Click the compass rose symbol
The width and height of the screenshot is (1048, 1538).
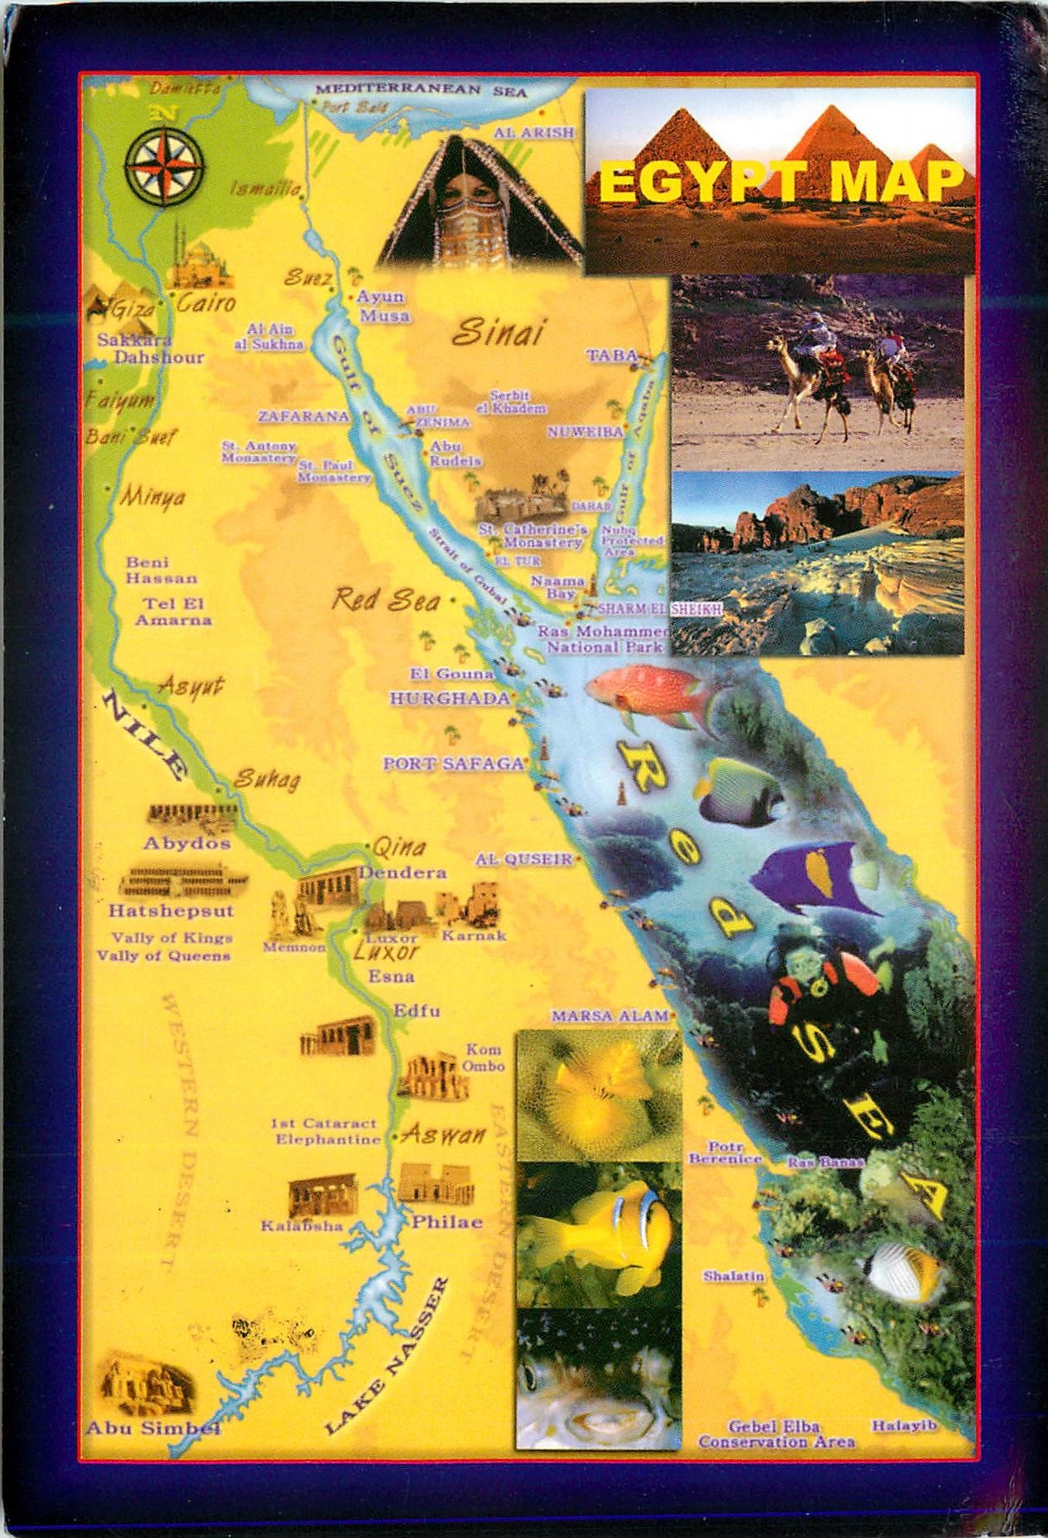tap(164, 166)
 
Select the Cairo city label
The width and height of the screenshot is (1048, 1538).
tap(206, 302)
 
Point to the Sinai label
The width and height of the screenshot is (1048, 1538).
tap(498, 332)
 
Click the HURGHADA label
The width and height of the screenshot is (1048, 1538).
tap(450, 699)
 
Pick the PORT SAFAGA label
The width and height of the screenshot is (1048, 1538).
tap(454, 764)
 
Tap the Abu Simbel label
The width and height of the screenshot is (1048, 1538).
tap(153, 1428)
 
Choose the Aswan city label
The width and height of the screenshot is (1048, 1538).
tap(444, 1135)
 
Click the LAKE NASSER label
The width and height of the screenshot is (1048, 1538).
tap(387, 1356)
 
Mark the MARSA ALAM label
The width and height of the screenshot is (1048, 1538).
tap(610, 1015)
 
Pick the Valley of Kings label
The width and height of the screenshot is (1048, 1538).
tap(172, 938)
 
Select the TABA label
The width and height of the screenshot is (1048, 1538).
tap(612, 356)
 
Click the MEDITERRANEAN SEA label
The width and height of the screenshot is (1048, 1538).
tap(421, 89)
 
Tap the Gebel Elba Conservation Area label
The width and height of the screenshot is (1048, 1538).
tap(775, 1434)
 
